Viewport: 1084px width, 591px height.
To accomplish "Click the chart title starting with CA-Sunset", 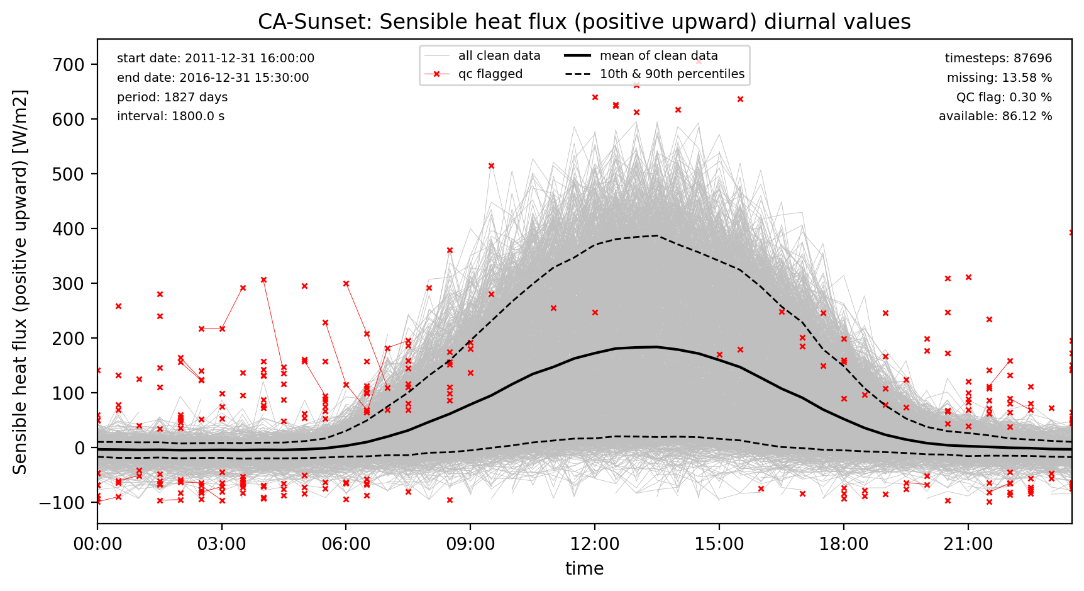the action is pyautogui.click(x=584, y=22).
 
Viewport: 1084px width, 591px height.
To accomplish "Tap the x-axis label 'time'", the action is pyautogui.click(x=584, y=568).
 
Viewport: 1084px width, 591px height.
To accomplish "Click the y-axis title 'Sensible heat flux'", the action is pyautogui.click(x=20, y=281).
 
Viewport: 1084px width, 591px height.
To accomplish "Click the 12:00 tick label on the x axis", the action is pyautogui.click(x=595, y=543).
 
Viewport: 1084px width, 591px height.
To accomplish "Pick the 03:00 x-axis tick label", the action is pyautogui.click(x=222, y=543).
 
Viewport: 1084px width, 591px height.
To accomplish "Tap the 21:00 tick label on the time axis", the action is pyautogui.click(x=968, y=543).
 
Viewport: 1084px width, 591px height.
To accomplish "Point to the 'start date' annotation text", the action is pyautogui.click(x=216, y=59).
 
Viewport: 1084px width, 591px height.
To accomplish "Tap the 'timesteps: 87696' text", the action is pyautogui.click(x=998, y=59).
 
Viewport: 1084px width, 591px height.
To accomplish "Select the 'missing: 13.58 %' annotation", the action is pyautogui.click(x=999, y=78).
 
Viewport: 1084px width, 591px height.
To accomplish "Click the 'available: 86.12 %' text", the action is pyautogui.click(x=995, y=116).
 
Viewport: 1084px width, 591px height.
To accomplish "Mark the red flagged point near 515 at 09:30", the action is pyautogui.click(x=491, y=166).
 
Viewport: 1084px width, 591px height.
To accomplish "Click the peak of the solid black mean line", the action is pyautogui.click(x=656, y=347).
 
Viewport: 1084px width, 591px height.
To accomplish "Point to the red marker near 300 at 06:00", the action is pyautogui.click(x=346, y=284).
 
